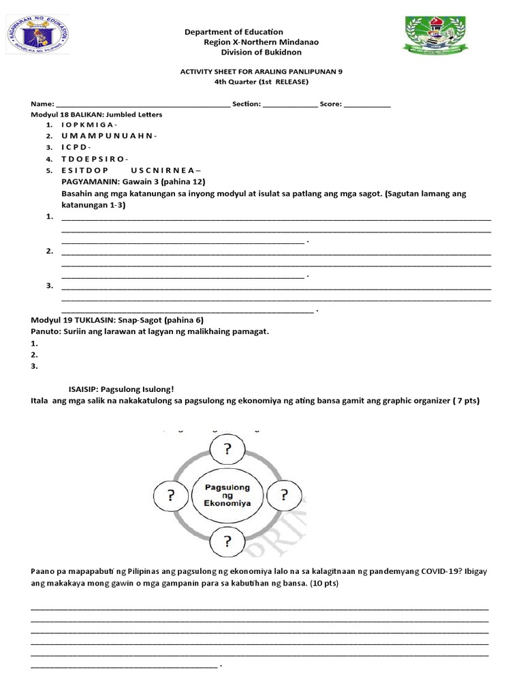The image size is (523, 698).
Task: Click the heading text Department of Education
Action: [234, 32]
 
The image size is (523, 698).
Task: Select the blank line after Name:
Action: [142, 104]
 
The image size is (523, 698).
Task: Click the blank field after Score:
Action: [368, 104]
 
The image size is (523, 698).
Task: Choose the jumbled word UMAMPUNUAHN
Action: [109, 136]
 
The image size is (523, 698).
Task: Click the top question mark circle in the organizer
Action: [228, 450]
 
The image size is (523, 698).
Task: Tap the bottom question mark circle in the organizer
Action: [228, 542]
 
